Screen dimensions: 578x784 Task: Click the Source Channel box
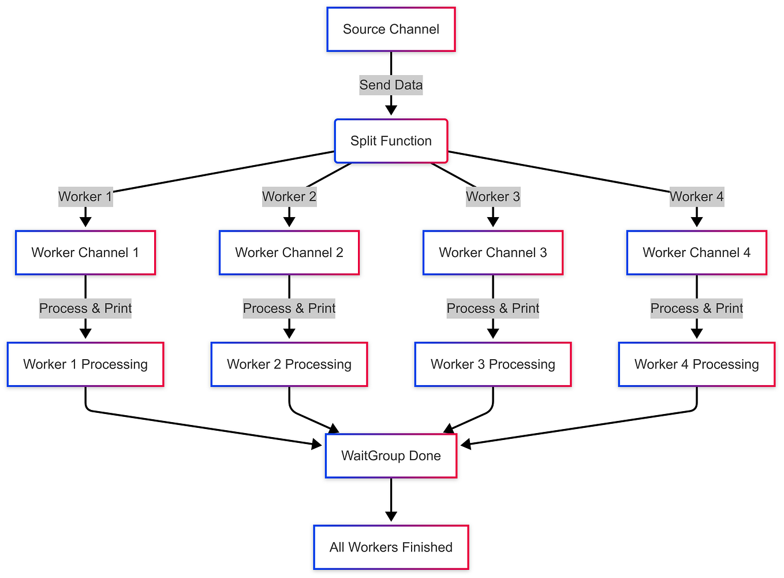(x=391, y=29)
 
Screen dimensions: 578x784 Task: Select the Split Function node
(x=391, y=141)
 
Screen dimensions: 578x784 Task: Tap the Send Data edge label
(x=391, y=85)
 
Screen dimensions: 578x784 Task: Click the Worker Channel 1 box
(x=85, y=252)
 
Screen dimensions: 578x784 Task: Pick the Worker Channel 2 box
(x=289, y=252)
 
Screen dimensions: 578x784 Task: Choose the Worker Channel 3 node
(x=493, y=252)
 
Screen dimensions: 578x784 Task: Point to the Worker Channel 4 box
(x=697, y=252)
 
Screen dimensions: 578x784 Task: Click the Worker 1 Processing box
(x=85, y=364)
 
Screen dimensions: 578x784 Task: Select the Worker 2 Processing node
(x=289, y=364)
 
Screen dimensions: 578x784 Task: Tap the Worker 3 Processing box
(x=493, y=364)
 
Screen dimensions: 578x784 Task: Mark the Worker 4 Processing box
(x=697, y=364)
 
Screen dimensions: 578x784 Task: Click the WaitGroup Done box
(x=391, y=456)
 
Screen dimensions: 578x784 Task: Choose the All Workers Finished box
(x=391, y=547)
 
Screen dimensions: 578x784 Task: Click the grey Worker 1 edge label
(x=85, y=197)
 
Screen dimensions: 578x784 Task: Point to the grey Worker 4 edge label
(x=697, y=197)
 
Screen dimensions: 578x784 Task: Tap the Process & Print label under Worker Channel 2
(x=289, y=308)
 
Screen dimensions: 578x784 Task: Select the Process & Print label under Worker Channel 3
(x=493, y=308)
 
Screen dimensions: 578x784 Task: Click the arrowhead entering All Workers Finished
(x=391, y=516)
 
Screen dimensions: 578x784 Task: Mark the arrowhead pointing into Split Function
(x=391, y=110)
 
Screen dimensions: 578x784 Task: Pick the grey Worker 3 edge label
(x=493, y=197)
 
